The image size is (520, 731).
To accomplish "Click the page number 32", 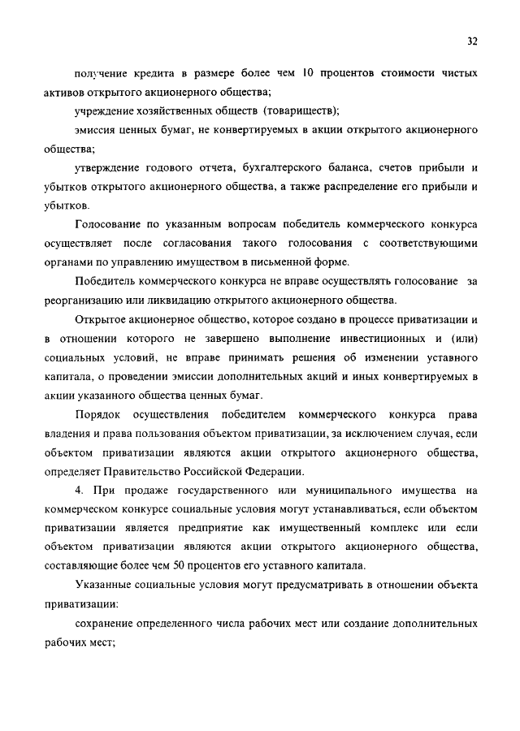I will point(472,41).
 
